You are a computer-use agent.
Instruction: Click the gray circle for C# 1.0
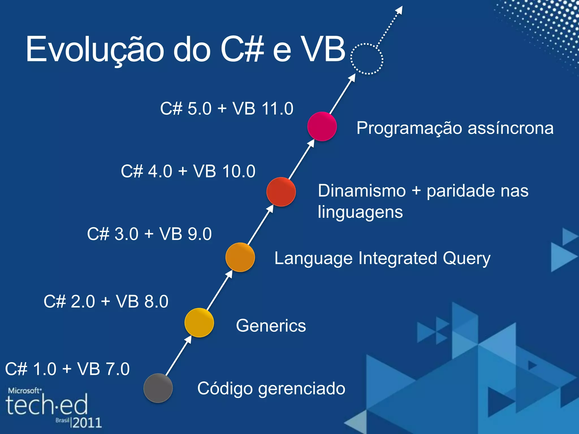pos(158,388)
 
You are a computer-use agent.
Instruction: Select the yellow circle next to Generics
pos(199,323)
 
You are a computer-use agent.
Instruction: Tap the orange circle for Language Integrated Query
pos(240,257)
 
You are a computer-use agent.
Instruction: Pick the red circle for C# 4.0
pos(281,192)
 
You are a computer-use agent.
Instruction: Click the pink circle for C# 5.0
pos(322,126)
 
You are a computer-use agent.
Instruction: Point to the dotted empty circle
pos(367,59)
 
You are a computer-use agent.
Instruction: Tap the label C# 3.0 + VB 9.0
pos(149,234)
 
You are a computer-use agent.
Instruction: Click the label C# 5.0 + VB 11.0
pos(227,108)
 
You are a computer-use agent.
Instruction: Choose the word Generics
pos(271,325)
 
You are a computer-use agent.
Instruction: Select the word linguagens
pos(360,212)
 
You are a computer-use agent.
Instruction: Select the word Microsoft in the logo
pos(24,391)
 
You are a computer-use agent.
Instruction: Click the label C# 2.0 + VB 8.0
pos(106,301)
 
